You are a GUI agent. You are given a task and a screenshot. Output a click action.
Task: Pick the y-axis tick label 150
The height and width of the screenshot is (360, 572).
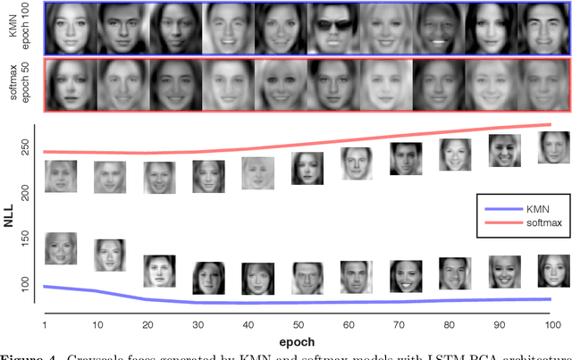pos(26,239)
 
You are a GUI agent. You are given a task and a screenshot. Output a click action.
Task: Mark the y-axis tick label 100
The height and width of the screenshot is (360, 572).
pos(26,283)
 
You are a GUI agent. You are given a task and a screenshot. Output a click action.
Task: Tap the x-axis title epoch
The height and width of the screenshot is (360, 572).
pos(299,343)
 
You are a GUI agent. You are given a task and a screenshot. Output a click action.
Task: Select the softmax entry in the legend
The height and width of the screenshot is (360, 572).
pos(523,222)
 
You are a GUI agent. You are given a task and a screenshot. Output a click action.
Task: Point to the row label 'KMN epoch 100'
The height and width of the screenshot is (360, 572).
pos(18,28)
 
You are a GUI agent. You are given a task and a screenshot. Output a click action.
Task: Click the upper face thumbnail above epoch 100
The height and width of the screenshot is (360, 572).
pos(553,147)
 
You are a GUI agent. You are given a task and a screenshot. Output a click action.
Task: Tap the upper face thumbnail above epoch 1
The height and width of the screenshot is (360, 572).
pos(61,176)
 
